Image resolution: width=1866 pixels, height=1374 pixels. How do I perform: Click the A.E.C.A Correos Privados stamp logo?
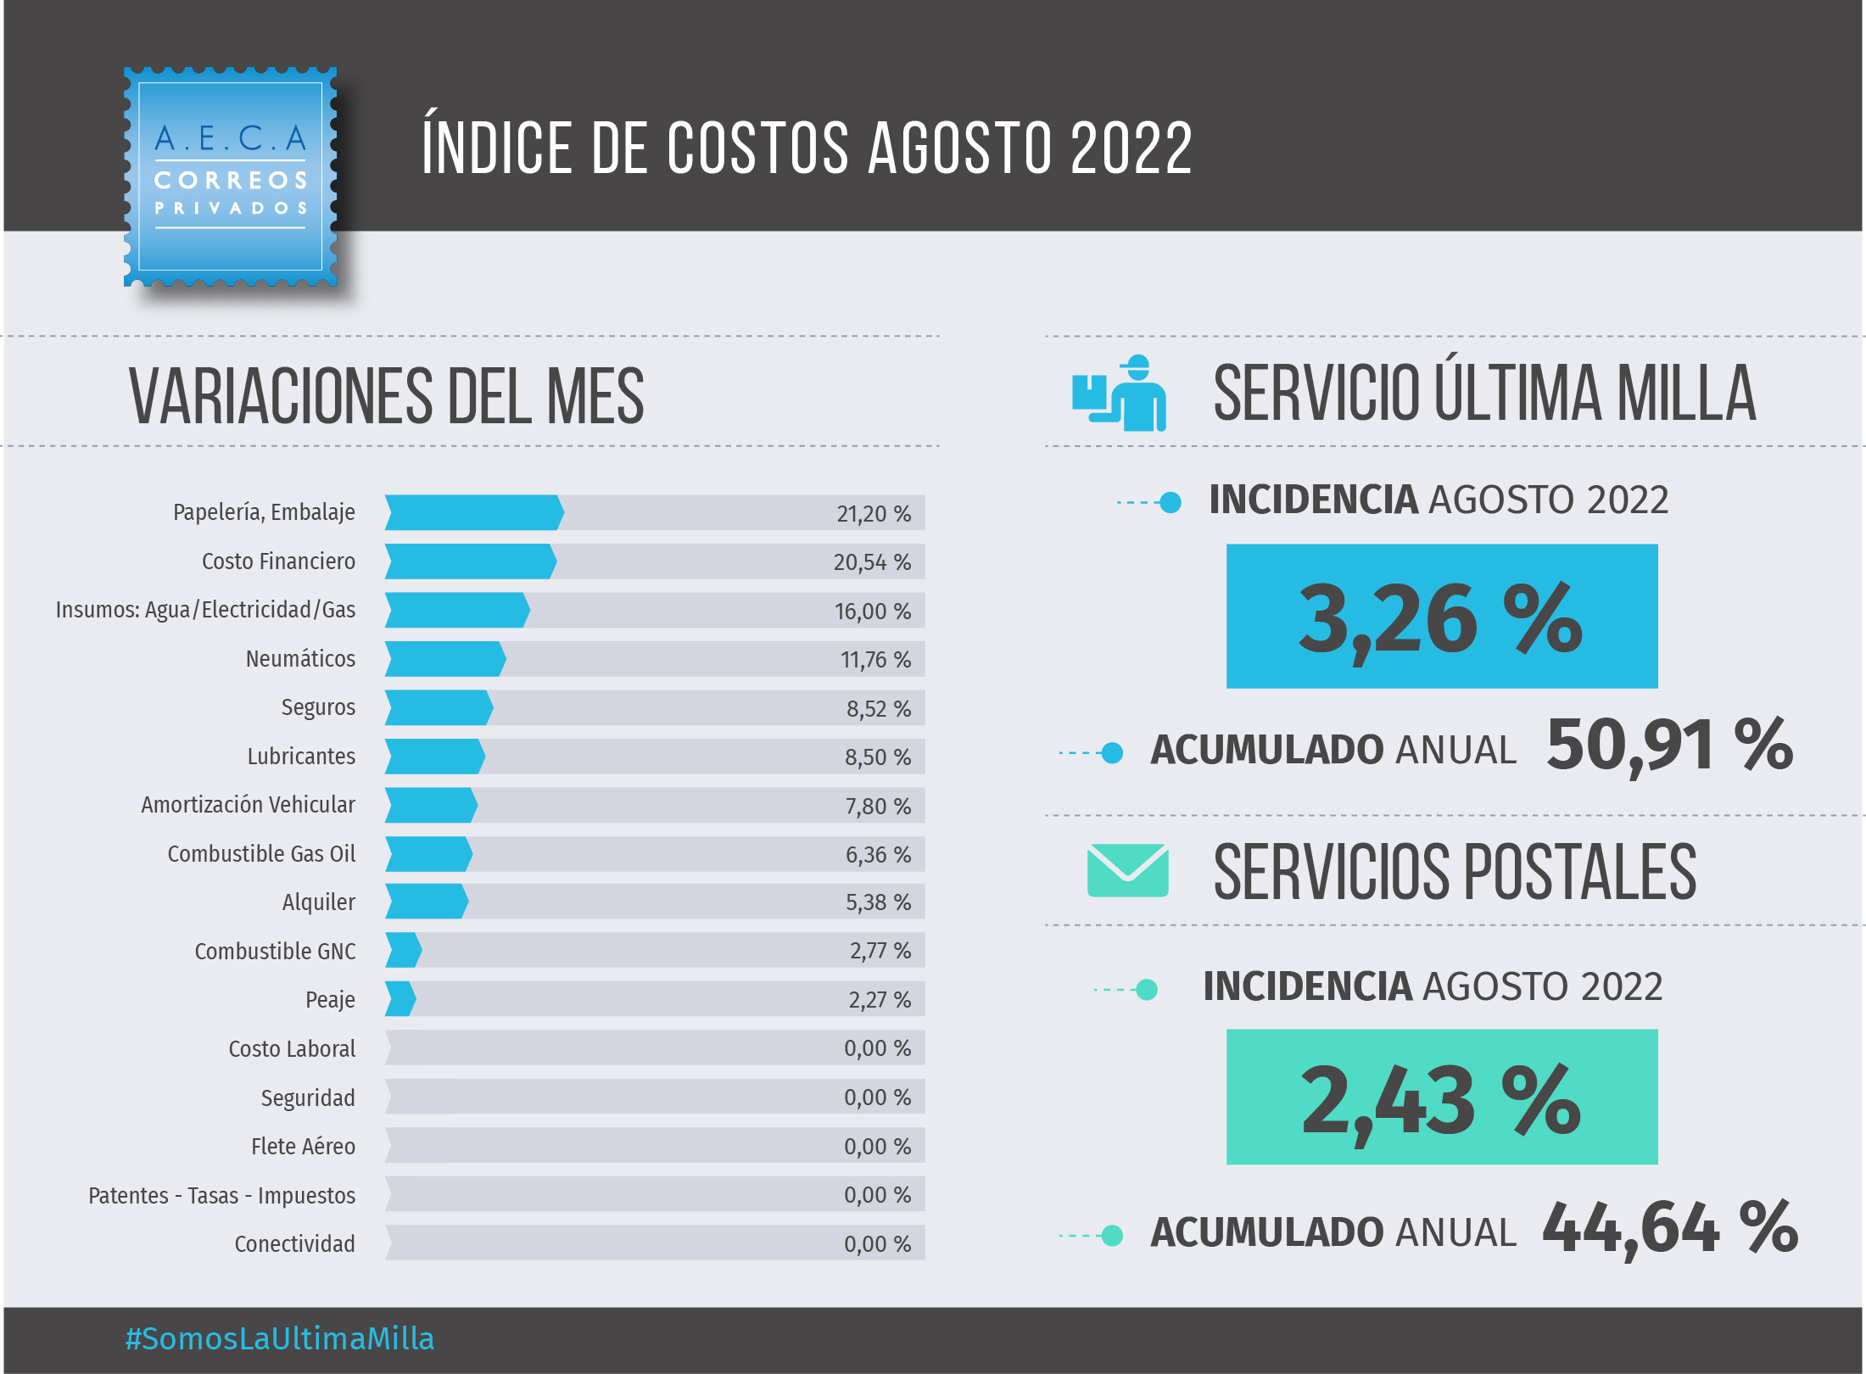point(231,176)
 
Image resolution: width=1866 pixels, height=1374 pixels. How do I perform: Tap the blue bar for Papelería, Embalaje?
point(473,512)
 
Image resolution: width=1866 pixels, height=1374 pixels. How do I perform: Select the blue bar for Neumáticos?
point(444,659)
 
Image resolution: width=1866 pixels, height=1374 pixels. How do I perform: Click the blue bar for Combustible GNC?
point(403,950)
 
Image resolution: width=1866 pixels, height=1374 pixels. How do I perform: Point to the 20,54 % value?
point(872,562)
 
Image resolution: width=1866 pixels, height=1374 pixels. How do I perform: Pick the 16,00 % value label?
point(872,612)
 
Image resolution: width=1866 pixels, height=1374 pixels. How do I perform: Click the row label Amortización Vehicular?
point(248,805)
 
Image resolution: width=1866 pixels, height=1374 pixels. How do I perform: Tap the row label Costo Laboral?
point(292,1049)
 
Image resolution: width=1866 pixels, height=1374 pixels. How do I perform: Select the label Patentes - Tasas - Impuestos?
point(221,1196)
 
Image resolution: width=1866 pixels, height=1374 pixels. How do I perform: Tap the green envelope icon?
point(1127,870)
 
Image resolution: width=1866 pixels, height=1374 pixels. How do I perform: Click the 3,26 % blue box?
point(1441,617)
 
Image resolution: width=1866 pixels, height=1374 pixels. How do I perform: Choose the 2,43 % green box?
point(1441,1097)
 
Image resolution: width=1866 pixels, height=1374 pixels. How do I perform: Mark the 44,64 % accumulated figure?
point(1669,1228)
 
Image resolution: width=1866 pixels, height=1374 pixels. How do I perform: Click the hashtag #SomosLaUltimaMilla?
point(280,1339)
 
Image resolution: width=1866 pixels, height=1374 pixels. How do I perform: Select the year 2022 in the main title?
point(1131,148)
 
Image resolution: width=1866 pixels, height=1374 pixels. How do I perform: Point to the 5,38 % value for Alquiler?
point(877,902)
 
